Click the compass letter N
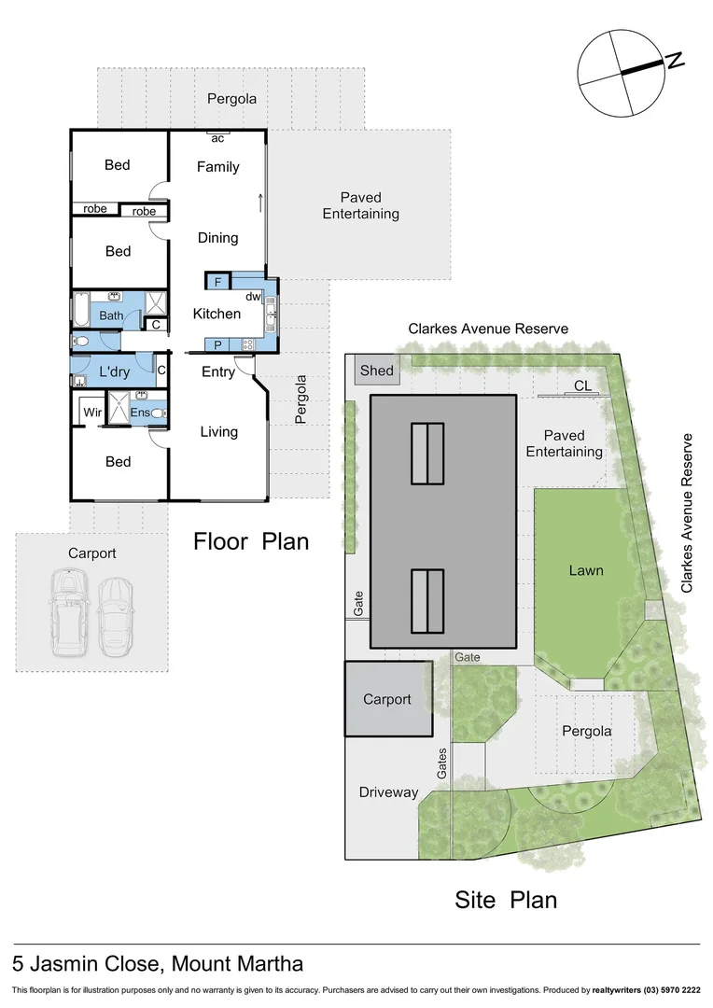click(676, 61)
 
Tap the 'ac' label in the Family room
click(217, 139)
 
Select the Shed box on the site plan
click(377, 371)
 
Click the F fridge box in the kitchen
click(217, 281)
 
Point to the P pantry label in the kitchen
click(217, 344)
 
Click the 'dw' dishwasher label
click(253, 297)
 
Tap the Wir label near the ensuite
click(92, 412)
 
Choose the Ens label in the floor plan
click(140, 412)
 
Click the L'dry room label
click(114, 372)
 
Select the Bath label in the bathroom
click(111, 315)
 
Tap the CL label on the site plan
click(582, 385)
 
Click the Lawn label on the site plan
click(586, 570)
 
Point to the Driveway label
click(388, 792)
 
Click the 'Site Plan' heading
click(506, 900)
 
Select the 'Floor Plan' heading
click(251, 541)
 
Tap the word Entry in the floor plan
click(218, 371)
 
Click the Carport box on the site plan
click(387, 699)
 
